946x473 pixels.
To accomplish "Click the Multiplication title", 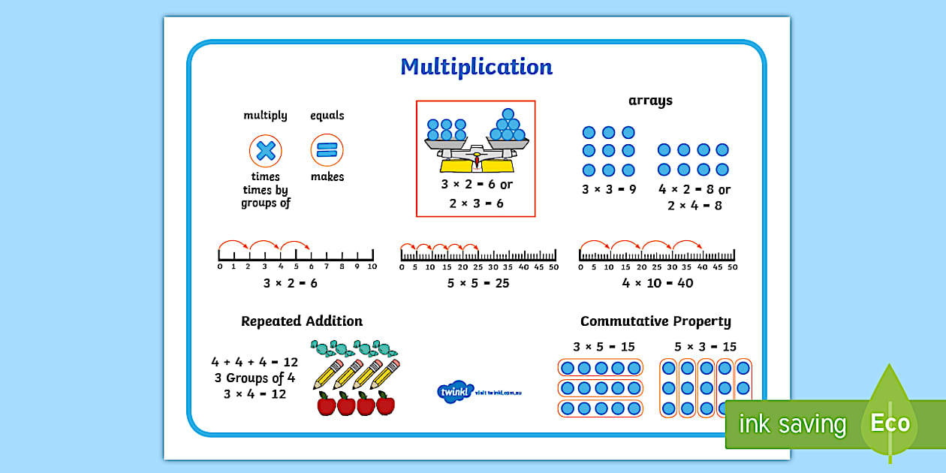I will pos(476,67).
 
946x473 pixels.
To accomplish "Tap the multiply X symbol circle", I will pos(265,151).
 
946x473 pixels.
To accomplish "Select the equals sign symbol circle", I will pos(327,150).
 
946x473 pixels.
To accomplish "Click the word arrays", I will pos(650,101).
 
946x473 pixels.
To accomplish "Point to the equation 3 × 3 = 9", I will pos(609,189).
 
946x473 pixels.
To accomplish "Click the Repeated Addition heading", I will pos(302,321).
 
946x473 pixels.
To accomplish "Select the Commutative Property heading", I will pos(655,321).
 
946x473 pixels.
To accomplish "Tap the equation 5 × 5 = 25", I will pos(478,283).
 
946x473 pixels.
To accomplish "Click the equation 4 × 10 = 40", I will pos(658,283).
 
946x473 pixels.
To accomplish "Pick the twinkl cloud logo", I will pos(455,391).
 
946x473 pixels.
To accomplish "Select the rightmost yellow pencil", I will pos(385,374).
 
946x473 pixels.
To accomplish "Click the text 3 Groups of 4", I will pos(255,378).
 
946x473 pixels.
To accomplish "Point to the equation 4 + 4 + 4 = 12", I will pos(255,362).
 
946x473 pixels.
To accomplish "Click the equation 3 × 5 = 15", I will pos(603,347).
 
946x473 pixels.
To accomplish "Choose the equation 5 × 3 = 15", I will pos(705,347).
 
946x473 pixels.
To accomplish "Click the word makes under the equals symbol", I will pos(327,177).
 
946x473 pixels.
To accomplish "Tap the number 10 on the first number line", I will pos(371,267).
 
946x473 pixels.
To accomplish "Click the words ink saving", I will pos(793,425).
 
